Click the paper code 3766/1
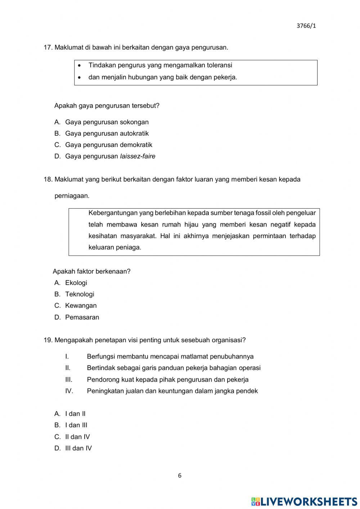[306, 26]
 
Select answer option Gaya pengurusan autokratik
[107, 133]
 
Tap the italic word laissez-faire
[138, 156]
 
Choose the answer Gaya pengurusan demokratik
[108, 145]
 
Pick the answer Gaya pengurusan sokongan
[107, 122]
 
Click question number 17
[48, 47]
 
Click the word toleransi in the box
[219, 65]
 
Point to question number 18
[48, 179]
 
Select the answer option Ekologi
[76, 283]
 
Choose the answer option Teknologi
[80, 294]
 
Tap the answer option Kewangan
[81, 305]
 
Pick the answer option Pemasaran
[82, 317]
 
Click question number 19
[48, 340]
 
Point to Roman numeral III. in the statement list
[69, 379]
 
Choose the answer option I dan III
[76, 425]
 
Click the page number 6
[180, 475]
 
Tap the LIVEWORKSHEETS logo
[304, 501]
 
